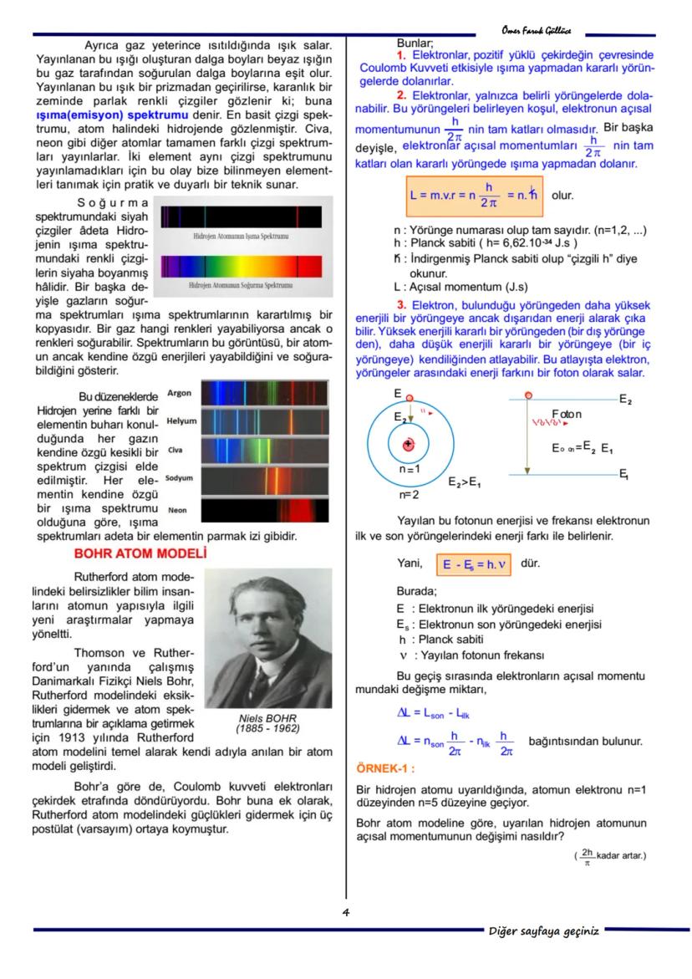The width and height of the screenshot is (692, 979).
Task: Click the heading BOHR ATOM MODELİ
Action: pos(140,553)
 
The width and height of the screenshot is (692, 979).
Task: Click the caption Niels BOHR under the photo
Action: pos(267,717)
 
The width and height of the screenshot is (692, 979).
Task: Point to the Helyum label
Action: pos(181,421)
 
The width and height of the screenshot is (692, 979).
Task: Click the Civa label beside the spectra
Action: pos(175,450)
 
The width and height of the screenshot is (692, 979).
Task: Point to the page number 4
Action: pos(345,912)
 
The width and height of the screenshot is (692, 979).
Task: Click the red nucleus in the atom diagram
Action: pos(409,445)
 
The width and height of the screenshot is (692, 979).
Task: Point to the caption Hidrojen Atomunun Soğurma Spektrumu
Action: pos(241,285)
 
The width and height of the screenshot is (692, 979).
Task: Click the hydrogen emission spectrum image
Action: pos(241,217)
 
